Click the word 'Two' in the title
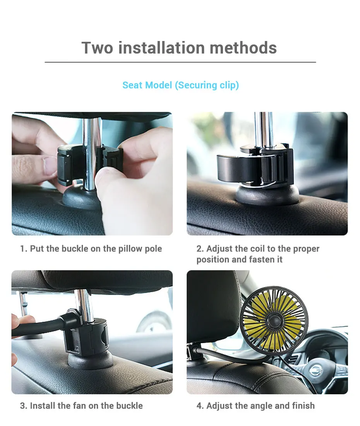97,48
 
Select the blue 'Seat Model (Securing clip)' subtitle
180,85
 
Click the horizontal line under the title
180,62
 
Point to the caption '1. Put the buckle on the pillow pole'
91,248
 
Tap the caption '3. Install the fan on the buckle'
81,406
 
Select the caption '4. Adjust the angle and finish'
255,406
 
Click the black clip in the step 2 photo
252,164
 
